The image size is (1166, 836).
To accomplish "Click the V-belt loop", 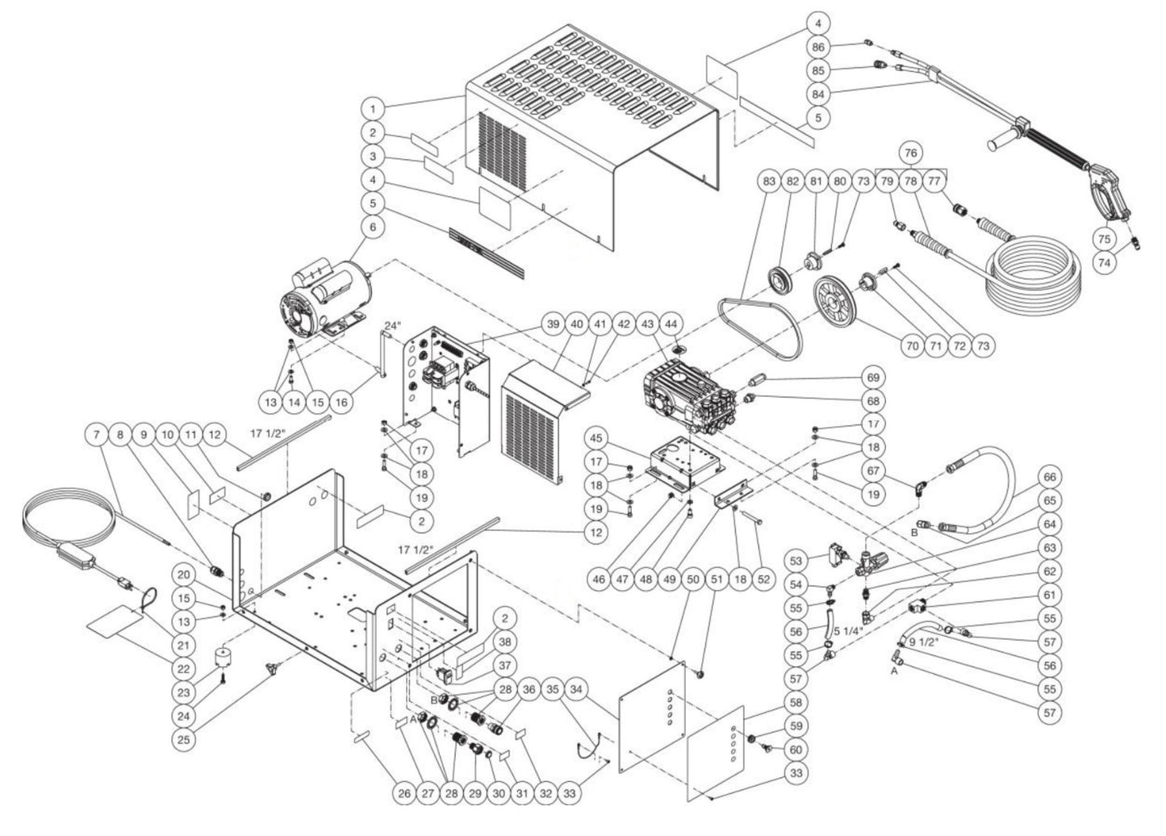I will pos(759,326).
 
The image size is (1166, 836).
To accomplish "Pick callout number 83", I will pos(769,182).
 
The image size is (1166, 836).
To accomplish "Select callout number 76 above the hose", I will pos(911,153).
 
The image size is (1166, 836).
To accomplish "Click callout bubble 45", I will pos(620,440).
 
